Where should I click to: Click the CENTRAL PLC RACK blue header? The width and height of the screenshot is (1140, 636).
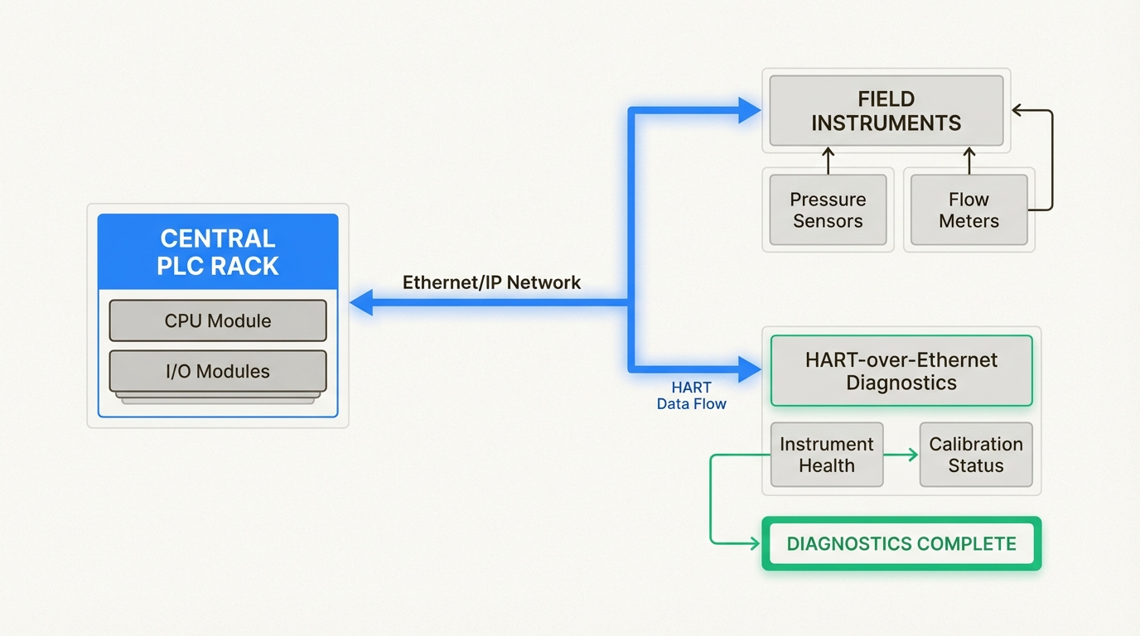point(218,252)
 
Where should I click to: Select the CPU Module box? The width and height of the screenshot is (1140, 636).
point(218,320)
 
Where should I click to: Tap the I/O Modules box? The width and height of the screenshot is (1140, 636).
point(218,371)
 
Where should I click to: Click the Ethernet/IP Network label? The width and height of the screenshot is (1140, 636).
point(491,282)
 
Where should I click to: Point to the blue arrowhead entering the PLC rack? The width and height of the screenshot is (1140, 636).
point(361,303)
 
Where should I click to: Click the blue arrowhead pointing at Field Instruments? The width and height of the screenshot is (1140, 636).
point(749,110)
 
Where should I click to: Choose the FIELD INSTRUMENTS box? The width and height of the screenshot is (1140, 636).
point(886,111)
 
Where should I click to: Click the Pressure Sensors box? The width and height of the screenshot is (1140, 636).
point(828,210)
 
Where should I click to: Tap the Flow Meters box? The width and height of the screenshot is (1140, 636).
point(969,210)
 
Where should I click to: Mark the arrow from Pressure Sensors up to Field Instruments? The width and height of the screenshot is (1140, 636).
point(827,159)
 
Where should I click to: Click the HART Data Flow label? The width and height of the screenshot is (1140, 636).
point(691,396)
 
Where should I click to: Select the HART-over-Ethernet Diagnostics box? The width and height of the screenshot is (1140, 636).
point(901,371)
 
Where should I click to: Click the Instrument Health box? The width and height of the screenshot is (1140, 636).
point(826,455)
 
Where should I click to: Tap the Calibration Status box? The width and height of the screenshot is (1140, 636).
point(976,455)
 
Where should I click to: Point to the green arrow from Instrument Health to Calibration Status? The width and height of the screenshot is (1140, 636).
point(901,455)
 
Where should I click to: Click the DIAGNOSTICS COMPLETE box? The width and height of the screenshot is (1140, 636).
point(901,544)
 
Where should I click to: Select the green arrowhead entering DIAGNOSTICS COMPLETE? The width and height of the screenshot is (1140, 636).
point(754,544)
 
